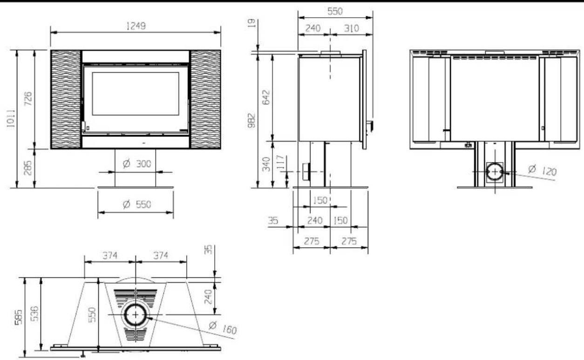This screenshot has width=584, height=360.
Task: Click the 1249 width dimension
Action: pos(136,26)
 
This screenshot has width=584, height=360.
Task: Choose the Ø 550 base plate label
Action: pos(136,204)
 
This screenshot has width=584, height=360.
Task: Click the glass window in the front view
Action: pos(136,94)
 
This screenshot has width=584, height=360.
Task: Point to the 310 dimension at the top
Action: pos(351,28)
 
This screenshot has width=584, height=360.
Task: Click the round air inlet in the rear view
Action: pos(494,172)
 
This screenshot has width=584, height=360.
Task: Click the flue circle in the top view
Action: pos(136,315)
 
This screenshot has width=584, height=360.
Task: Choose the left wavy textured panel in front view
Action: pos(66,99)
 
